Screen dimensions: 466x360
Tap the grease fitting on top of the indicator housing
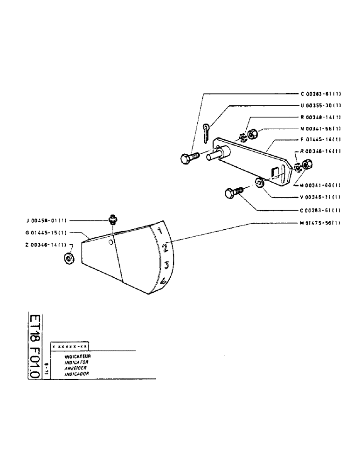(x=112, y=219)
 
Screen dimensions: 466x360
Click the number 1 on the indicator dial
(x=159, y=230)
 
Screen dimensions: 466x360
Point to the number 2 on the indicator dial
(x=165, y=248)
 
